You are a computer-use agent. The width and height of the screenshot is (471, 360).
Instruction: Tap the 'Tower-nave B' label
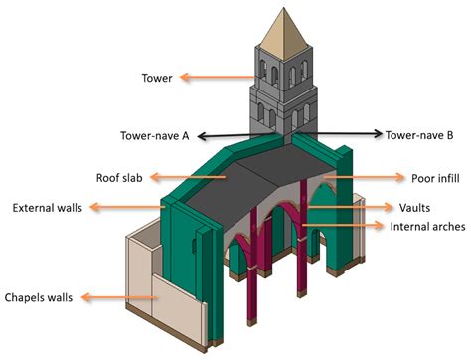tap(415, 134)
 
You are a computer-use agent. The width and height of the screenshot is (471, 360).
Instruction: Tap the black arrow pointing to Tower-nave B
tap(338, 133)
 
